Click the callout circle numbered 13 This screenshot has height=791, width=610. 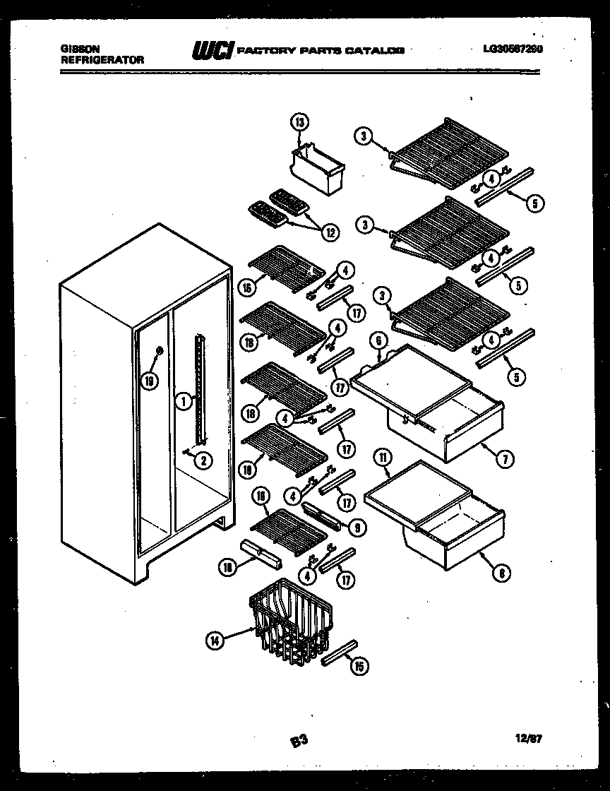point(299,123)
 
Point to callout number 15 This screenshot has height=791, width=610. point(359,665)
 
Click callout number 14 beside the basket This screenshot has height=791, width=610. point(215,641)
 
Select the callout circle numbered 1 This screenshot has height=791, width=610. point(182,402)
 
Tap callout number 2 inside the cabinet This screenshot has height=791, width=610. point(203,461)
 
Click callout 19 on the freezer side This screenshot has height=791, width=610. point(148,381)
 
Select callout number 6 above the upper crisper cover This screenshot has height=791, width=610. point(378,340)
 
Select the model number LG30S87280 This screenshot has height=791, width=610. point(513,49)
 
